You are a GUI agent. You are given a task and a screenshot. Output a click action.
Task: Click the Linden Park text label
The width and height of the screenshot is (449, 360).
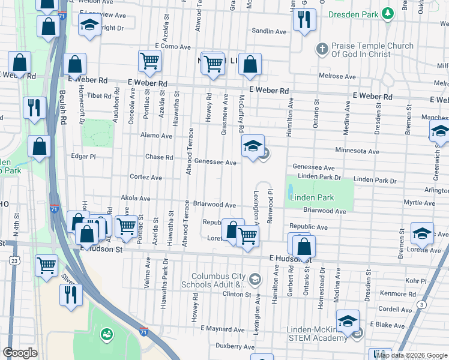pyautogui.click(x=311, y=197)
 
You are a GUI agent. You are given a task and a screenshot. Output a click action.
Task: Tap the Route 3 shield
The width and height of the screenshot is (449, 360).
pyautogui.click(x=423, y=305)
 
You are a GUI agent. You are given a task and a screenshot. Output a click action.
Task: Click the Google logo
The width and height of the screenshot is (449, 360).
pyautogui.click(x=20, y=352)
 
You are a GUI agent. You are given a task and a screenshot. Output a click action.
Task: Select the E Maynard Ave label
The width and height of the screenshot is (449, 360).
pyautogui.click(x=223, y=329)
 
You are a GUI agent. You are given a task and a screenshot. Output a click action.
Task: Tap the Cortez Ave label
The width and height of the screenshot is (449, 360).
pyautogui.click(x=146, y=178)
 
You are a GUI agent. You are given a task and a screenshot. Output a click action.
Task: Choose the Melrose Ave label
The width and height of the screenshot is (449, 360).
pyautogui.click(x=339, y=76)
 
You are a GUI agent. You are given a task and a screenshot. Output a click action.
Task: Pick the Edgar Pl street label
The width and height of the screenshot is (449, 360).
pyautogui.click(x=83, y=156)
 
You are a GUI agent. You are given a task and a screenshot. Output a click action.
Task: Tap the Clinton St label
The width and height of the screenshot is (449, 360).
pyautogui.click(x=237, y=294)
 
